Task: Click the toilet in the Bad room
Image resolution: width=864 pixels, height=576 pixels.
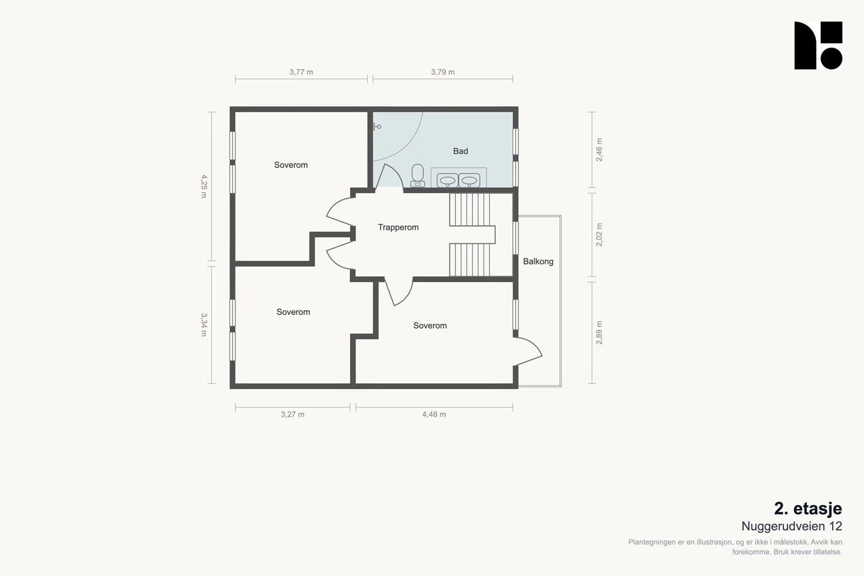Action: tap(417, 176)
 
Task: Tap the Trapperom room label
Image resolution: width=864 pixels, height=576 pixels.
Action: tap(398, 227)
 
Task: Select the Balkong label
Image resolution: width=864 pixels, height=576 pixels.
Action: tap(538, 261)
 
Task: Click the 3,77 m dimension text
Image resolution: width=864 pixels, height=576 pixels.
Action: tap(301, 72)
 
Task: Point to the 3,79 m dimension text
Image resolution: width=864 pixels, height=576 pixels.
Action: tap(443, 72)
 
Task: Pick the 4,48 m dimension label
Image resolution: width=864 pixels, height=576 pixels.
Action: tap(434, 415)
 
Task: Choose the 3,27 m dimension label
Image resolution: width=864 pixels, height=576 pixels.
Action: tap(292, 415)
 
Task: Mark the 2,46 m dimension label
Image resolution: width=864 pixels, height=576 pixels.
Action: tap(599, 150)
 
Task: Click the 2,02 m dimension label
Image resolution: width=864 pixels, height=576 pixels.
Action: tap(599, 235)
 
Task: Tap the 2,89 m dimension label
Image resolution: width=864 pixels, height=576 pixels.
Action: tap(599, 333)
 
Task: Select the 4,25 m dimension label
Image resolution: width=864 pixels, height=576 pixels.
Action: tap(204, 186)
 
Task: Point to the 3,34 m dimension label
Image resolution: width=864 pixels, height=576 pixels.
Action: tap(204, 324)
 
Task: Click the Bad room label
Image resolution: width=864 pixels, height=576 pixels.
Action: tap(461, 151)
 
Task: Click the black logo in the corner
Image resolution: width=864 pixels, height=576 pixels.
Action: tap(818, 45)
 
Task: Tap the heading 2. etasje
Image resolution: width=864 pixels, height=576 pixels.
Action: tap(808, 509)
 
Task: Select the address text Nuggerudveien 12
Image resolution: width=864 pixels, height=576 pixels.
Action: tap(792, 526)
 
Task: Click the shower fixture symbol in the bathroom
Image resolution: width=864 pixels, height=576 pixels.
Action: tap(377, 126)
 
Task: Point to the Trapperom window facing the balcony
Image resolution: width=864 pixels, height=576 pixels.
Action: tap(516, 238)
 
